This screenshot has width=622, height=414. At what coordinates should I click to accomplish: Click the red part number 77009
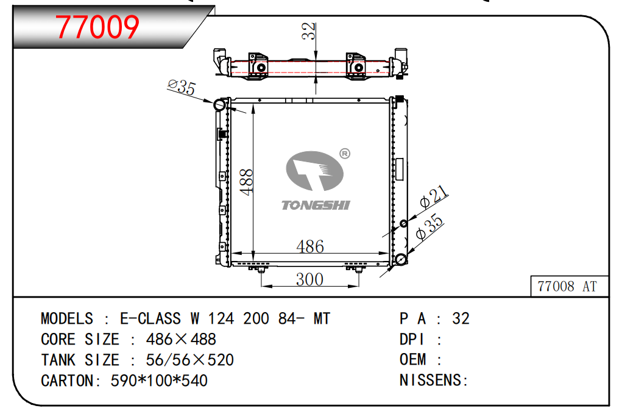[97, 26]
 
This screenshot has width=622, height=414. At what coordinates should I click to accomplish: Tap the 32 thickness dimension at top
[310, 32]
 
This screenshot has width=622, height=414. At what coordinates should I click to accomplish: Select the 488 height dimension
[246, 182]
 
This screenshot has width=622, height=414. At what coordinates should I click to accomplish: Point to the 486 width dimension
[309, 246]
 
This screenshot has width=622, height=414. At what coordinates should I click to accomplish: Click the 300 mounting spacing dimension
[309, 279]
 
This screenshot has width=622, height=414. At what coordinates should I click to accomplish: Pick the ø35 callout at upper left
[181, 87]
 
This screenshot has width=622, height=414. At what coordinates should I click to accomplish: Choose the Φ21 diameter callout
[435, 197]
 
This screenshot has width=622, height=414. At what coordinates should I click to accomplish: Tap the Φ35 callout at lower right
[429, 228]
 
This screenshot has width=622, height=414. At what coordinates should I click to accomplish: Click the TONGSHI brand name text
[316, 205]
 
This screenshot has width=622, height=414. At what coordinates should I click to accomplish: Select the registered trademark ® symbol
[344, 154]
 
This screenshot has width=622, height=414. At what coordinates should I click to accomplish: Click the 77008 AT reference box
[567, 285]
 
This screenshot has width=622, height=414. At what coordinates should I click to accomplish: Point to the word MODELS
[67, 319]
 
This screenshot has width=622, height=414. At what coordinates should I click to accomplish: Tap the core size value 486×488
[181, 340]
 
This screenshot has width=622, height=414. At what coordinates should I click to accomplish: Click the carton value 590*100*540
[159, 380]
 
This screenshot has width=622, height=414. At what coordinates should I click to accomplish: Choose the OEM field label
[412, 360]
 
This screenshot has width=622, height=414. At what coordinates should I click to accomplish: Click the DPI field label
[411, 340]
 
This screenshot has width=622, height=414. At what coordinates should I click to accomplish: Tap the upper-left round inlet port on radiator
[219, 105]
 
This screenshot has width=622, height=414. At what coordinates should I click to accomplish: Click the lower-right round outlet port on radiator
[401, 261]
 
